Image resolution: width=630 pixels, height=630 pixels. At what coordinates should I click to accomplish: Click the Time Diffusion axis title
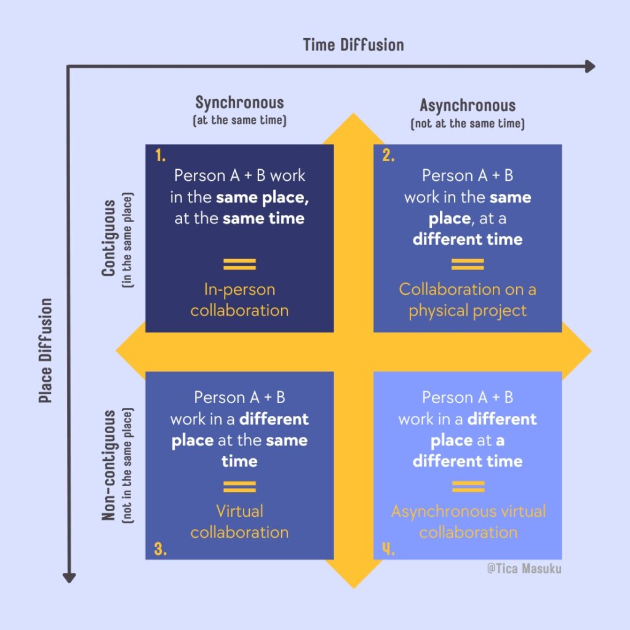353,45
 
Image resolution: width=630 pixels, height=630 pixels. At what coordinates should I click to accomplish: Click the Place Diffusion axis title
46,351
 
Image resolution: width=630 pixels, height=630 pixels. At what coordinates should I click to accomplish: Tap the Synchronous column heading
239,102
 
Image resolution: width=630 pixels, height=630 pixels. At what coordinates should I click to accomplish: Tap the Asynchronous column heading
468,105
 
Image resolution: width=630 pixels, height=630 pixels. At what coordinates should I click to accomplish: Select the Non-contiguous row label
110,465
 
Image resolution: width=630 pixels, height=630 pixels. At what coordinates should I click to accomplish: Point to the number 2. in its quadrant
388,156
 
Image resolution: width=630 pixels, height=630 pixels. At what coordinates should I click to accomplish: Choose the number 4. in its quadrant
388,549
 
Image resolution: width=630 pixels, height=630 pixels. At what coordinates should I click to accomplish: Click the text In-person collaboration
239,300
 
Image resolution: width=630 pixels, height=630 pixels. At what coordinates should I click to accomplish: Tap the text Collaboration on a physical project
468,300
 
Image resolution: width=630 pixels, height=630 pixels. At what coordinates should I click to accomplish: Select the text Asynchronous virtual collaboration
468,521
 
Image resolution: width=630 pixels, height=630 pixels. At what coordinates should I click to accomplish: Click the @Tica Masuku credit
524,569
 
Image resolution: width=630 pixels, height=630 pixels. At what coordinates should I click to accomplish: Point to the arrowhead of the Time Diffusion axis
590,66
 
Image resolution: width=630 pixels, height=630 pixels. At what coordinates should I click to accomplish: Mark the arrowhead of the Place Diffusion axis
70,576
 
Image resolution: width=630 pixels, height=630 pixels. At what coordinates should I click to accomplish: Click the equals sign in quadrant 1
239,265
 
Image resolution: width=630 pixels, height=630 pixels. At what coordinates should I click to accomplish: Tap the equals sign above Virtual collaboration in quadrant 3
239,487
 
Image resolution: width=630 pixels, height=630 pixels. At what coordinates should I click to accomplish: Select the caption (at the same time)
239,121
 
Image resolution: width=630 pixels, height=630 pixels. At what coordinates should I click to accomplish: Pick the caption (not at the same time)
468,124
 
